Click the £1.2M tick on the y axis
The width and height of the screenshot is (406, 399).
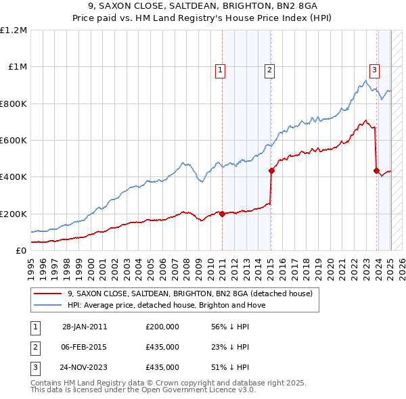click(x=14, y=30)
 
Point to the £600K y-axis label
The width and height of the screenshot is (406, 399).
click(x=14, y=140)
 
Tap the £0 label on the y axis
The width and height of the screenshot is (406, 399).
click(x=21, y=250)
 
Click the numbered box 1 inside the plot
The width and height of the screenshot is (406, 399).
click(x=221, y=69)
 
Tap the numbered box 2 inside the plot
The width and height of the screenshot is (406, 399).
click(x=269, y=69)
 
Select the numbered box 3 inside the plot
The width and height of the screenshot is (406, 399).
click(x=374, y=69)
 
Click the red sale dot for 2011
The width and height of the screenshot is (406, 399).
click(x=222, y=214)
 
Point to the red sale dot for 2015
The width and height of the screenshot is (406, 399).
click(x=271, y=170)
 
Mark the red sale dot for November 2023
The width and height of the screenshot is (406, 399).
click(x=376, y=170)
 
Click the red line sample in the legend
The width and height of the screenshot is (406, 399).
click(x=47, y=294)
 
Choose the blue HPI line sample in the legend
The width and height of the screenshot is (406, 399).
click(x=47, y=305)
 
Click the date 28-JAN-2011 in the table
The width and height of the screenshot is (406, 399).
click(x=85, y=327)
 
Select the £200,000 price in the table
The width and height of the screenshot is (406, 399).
click(x=162, y=327)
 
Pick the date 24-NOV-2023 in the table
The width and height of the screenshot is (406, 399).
click(x=85, y=367)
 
